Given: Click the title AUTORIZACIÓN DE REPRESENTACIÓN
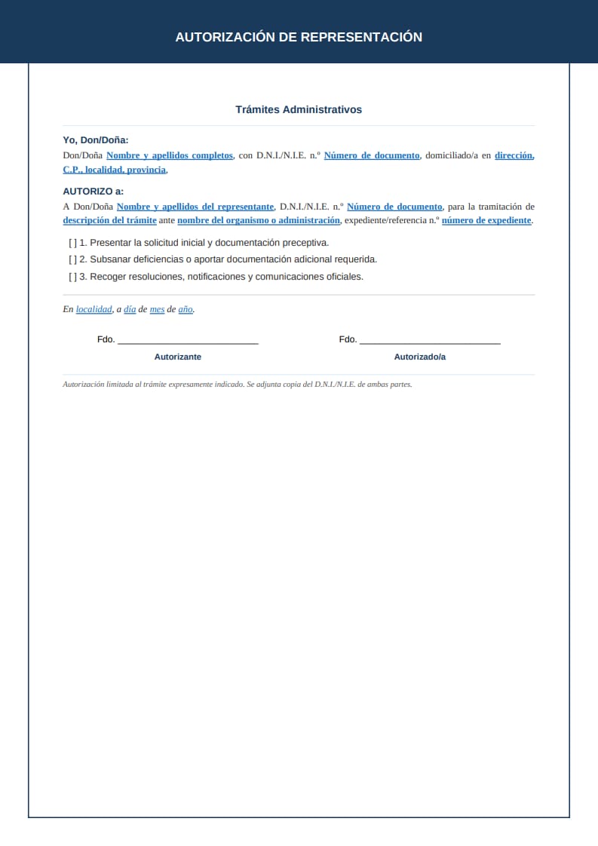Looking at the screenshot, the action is (299, 37).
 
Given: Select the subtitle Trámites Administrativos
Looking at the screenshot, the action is (299, 109).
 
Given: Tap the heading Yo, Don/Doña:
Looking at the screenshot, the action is (96, 139).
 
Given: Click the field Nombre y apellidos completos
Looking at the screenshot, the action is (170, 155).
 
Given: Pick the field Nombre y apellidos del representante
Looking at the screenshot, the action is (195, 207).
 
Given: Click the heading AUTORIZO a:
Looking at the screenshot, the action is (94, 192).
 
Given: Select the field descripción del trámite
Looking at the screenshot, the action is (110, 220).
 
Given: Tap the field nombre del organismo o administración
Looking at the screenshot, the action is (259, 220).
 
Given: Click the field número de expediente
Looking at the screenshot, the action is (486, 220).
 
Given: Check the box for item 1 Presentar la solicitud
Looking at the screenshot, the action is (72, 243).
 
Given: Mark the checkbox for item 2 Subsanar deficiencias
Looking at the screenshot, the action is (72, 259).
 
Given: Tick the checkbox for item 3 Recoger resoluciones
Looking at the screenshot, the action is (72, 277).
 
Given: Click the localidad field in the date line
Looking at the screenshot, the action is (94, 309).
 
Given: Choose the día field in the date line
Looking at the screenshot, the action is (130, 309).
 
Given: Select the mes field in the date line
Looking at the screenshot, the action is (157, 309).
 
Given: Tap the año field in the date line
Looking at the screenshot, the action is (186, 309).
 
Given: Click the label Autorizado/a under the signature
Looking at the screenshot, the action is (420, 357).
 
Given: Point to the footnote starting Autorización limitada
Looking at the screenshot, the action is (238, 384).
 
